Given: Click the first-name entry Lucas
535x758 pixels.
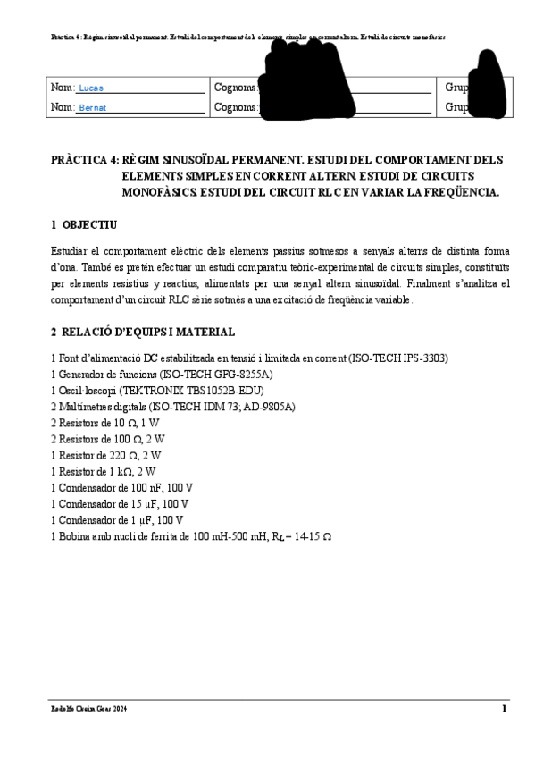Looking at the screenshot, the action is point(91,88).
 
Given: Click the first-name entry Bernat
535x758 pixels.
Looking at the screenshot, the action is point(93,108).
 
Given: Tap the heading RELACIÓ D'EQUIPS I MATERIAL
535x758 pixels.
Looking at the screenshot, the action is point(148,332).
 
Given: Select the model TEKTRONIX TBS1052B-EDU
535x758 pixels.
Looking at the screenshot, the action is point(199,390).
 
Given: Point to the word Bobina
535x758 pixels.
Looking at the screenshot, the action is point(74,535).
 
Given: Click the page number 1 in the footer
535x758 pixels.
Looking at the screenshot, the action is point(504,709).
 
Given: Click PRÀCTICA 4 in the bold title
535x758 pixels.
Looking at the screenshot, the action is point(84,160).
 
